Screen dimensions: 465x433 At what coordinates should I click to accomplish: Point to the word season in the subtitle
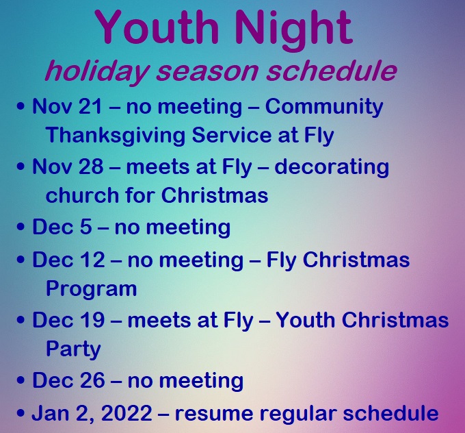pos(207,72)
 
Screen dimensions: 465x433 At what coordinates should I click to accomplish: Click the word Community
pos(324,108)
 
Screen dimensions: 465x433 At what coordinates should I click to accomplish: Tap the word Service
pos(231,134)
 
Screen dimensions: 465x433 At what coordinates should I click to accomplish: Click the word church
pos(82,195)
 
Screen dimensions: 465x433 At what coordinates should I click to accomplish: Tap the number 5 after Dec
pos(85,227)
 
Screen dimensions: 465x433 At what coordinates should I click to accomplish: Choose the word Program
pos(92,290)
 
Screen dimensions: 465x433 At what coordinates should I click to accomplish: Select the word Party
pos(74,350)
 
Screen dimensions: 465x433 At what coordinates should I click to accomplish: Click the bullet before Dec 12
pos(21,260)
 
